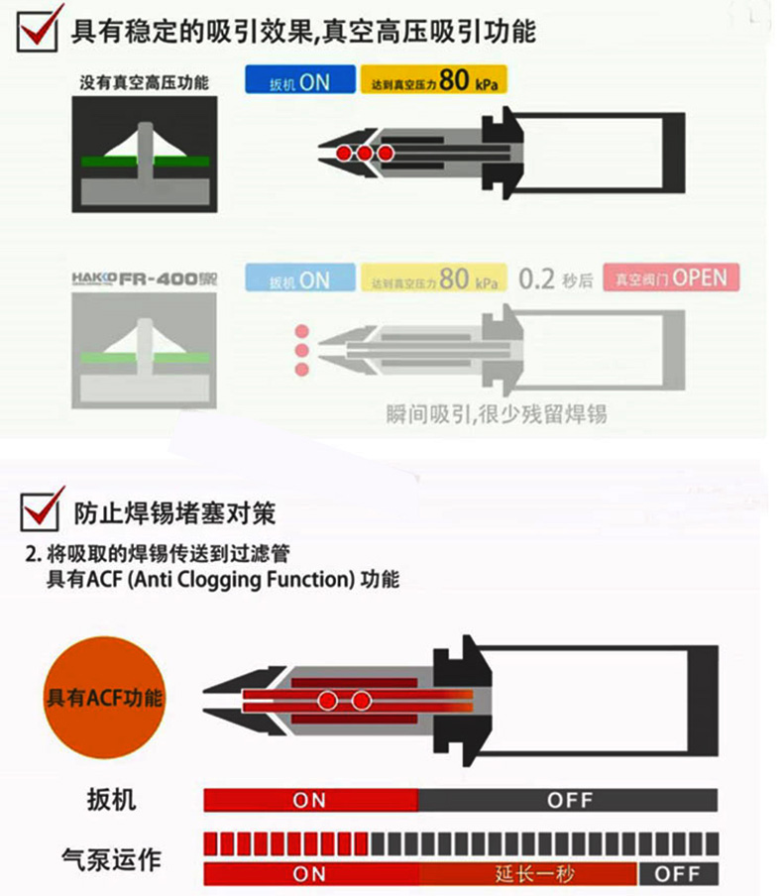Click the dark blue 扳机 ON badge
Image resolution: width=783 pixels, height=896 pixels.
pyautogui.click(x=300, y=81)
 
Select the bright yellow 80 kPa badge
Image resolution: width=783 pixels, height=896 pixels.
pyautogui.click(x=433, y=81)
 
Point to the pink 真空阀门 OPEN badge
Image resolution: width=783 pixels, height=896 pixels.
pyautogui.click(x=676, y=279)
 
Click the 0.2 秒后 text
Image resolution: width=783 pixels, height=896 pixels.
pyautogui.click(x=555, y=280)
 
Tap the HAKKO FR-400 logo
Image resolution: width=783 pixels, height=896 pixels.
pyautogui.click(x=144, y=280)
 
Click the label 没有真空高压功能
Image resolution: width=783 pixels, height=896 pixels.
pyautogui.click(x=145, y=82)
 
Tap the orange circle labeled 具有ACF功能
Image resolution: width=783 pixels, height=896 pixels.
pyautogui.click(x=105, y=697)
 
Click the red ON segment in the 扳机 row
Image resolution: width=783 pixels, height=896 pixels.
pyautogui.click(x=310, y=799)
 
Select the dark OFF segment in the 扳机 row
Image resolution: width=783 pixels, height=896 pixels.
pyautogui.click(x=568, y=799)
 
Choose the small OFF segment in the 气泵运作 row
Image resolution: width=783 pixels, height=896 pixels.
pyautogui.click(x=678, y=873)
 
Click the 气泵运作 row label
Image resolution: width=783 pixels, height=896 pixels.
pyautogui.click(x=110, y=859)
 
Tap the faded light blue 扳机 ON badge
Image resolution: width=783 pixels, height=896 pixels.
pyautogui.click(x=300, y=280)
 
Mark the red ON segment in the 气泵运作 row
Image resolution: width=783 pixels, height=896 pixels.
pyautogui.click(x=310, y=873)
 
